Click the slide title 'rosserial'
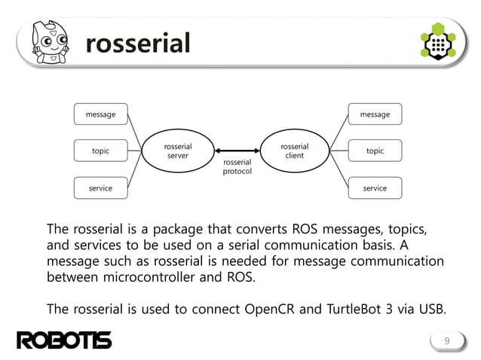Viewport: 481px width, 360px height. tap(138, 44)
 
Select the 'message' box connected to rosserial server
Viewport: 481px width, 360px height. tap(100, 114)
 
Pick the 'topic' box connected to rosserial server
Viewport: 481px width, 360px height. tap(100, 151)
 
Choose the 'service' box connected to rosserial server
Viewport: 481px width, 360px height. tap(100, 188)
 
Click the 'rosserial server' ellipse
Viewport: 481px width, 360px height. tap(178, 151)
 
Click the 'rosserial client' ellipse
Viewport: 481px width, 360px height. tap(294, 151)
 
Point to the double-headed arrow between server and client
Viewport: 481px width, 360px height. tap(237, 151)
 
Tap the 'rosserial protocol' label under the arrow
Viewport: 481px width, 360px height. tap(237, 166)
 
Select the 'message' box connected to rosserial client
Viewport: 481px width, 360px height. tap(375, 114)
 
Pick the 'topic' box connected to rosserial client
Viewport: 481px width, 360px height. tap(375, 151)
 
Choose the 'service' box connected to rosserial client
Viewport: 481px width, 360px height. tap(375, 188)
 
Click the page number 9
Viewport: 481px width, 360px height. tap(446, 343)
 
